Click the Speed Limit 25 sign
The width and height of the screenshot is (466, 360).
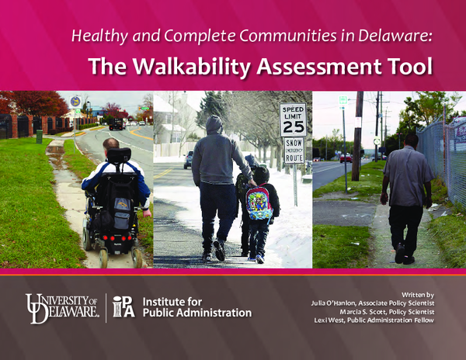[x=293, y=119]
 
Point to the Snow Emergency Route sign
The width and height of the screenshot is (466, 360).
[x=294, y=151]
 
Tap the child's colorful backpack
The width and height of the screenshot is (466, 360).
[x=259, y=203]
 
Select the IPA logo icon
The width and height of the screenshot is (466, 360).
[x=123, y=306]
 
